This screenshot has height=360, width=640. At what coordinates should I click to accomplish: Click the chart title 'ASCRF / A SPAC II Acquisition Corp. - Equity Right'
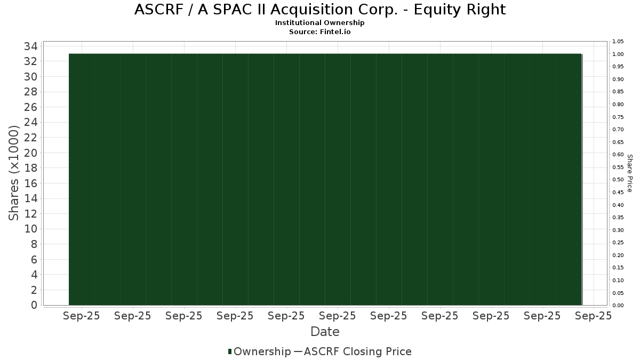coord(320,10)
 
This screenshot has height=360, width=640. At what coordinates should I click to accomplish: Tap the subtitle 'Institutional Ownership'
coord(319,23)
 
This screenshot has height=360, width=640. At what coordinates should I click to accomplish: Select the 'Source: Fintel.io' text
coord(319,31)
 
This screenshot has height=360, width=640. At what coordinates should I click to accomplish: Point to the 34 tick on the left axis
coord(30,46)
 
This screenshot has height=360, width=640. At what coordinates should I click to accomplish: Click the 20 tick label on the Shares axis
coord(30,153)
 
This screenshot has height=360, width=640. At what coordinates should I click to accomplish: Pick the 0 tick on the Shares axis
coord(34,305)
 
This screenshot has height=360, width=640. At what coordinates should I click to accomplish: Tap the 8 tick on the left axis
coord(34,244)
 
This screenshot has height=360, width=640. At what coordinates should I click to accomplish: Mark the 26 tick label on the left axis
coord(30,107)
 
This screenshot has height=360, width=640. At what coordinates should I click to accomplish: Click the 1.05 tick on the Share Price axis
coord(618,42)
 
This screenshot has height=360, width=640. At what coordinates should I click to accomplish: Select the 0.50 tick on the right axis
coord(618,180)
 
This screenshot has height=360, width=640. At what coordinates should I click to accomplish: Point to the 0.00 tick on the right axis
coord(618,306)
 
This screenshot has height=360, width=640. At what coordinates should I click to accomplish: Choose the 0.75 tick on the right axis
coord(618,117)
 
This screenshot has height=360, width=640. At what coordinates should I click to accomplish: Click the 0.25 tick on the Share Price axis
coord(618,243)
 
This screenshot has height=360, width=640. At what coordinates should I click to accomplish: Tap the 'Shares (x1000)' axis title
coord(13,173)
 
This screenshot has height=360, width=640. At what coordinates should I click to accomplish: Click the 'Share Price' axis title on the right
coord(629,173)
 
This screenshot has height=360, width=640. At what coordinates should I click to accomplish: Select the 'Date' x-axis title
coord(325,332)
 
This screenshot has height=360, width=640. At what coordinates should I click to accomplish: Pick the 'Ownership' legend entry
coord(262,351)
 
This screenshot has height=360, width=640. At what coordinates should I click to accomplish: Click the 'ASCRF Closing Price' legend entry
coord(357,351)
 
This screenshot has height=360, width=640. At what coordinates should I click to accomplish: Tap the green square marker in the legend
coord(230,351)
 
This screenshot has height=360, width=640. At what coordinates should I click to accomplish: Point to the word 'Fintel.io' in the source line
coord(335,31)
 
